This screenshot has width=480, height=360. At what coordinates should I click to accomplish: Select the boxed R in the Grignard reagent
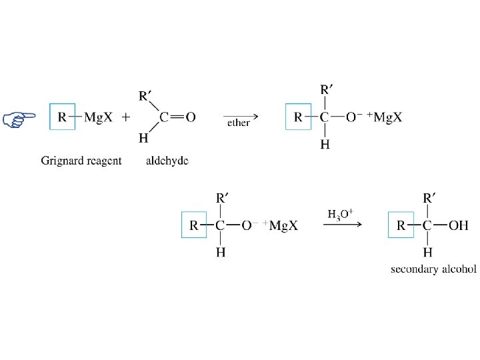62,118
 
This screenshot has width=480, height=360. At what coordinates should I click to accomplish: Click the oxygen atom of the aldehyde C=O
191,118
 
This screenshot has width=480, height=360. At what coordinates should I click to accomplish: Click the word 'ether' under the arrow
238,123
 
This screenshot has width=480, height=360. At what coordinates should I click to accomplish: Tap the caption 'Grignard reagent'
81,161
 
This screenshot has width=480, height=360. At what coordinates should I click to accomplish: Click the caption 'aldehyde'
167,161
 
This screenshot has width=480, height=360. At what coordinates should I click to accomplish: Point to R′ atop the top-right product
325,89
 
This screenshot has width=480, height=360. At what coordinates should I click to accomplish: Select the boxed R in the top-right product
298,118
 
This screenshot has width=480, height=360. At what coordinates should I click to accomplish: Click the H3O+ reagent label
341,215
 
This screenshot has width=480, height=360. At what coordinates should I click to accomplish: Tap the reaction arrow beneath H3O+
342,224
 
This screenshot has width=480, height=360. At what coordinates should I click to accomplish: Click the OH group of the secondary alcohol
459,225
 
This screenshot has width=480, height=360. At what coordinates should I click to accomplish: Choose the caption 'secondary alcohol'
433,269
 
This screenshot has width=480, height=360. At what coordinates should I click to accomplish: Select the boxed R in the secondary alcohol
401,225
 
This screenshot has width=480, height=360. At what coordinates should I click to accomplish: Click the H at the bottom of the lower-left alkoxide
221,253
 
